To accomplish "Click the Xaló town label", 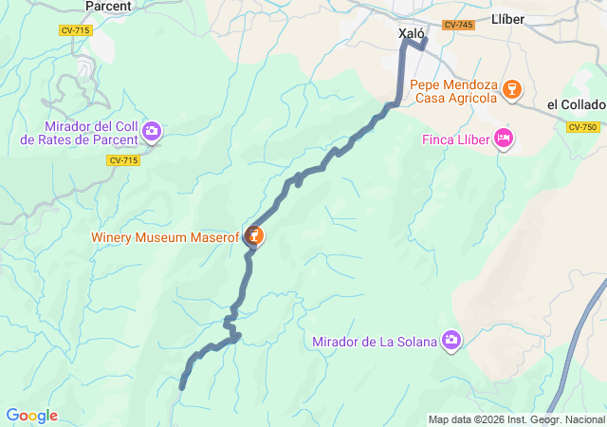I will (x=412, y=32).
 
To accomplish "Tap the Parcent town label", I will (x=108, y=6).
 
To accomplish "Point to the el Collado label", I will (x=577, y=104).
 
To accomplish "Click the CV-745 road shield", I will (x=458, y=26).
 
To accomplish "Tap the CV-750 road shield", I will (x=583, y=127).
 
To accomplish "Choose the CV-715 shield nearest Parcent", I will (x=74, y=30).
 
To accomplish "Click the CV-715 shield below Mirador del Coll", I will (x=123, y=160).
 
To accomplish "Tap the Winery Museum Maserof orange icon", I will (x=254, y=235).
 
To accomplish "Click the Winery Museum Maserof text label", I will (x=165, y=236).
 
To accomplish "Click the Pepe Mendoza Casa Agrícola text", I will (x=453, y=90).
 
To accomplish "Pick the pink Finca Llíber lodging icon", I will (x=504, y=139).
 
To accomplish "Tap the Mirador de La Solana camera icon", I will (x=451, y=340).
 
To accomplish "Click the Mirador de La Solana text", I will (x=375, y=342).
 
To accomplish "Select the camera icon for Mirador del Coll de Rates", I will (x=152, y=132).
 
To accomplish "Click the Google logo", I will (x=31, y=416).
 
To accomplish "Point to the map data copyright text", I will (x=515, y=419).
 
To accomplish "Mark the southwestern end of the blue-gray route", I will (x=182, y=385).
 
